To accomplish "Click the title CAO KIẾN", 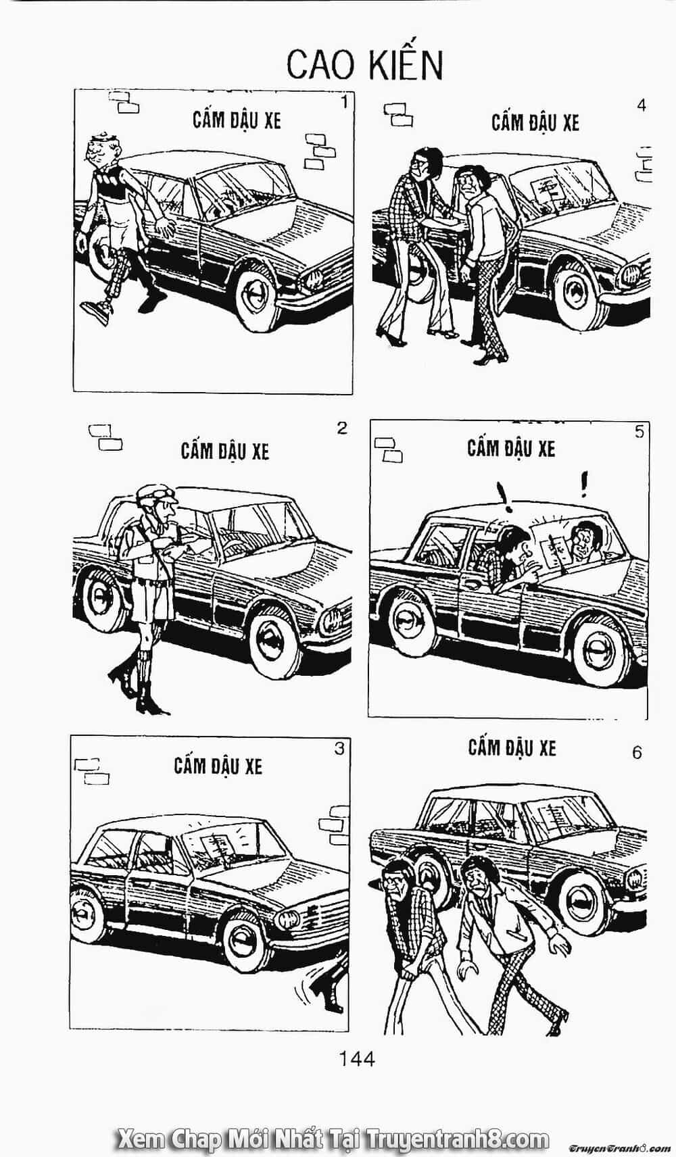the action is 365,65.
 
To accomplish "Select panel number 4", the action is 642,105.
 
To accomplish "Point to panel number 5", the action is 639,431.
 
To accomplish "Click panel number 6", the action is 637,753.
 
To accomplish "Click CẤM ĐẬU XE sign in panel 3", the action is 218,765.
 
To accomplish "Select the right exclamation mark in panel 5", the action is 585,483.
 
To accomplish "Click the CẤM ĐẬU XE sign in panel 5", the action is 511,448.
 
